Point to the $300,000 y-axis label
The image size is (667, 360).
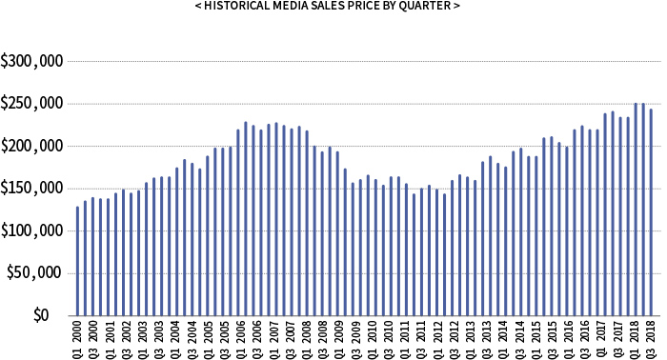pos(31,62)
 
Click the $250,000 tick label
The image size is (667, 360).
pos(31,104)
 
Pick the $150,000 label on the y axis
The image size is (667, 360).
pos(31,189)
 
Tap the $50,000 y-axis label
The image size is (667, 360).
pos(35,272)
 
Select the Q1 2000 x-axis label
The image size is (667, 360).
pos(78,339)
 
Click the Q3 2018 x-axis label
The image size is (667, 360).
pos(651,339)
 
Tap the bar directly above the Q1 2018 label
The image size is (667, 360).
pos(636,209)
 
